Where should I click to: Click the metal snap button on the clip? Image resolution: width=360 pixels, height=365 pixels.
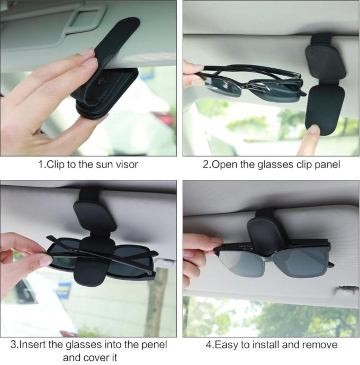click(102, 81)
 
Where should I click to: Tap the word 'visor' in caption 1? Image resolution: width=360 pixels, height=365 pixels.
click(127, 165)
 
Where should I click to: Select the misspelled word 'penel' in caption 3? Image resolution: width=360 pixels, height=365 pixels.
click(155, 345)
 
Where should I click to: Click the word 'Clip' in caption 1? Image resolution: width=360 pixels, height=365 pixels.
click(56, 165)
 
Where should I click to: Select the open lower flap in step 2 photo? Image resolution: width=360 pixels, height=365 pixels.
click(325, 109)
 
